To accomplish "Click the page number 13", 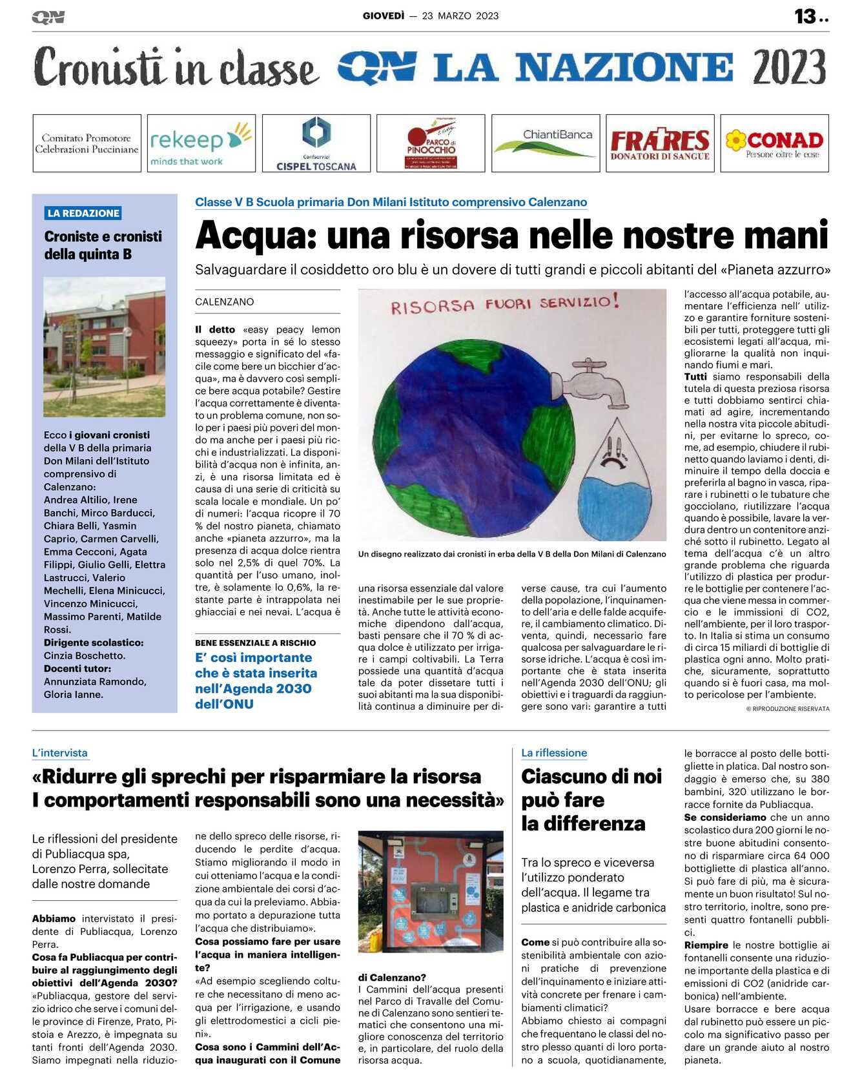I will tap(805, 16).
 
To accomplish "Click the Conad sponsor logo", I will tap(774, 143).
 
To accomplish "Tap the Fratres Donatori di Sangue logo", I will tap(660, 143).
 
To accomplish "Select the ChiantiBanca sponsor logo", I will tap(546, 143).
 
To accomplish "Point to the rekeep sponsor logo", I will tap(201, 143).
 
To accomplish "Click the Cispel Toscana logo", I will tap(316, 143).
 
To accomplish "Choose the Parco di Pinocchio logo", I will tap(431, 143).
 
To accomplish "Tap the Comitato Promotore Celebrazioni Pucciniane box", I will tap(87, 143).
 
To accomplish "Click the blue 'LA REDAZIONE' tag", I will tap(83, 213).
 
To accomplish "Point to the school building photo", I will tap(104, 347).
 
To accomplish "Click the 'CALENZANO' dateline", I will tap(225, 302).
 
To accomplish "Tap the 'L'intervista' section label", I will tap(59, 753).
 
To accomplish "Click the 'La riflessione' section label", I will tap(554, 753).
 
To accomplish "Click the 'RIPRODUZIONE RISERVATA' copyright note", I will tap(788, 709).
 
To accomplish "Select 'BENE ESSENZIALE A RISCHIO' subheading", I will tap(256, 643).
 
